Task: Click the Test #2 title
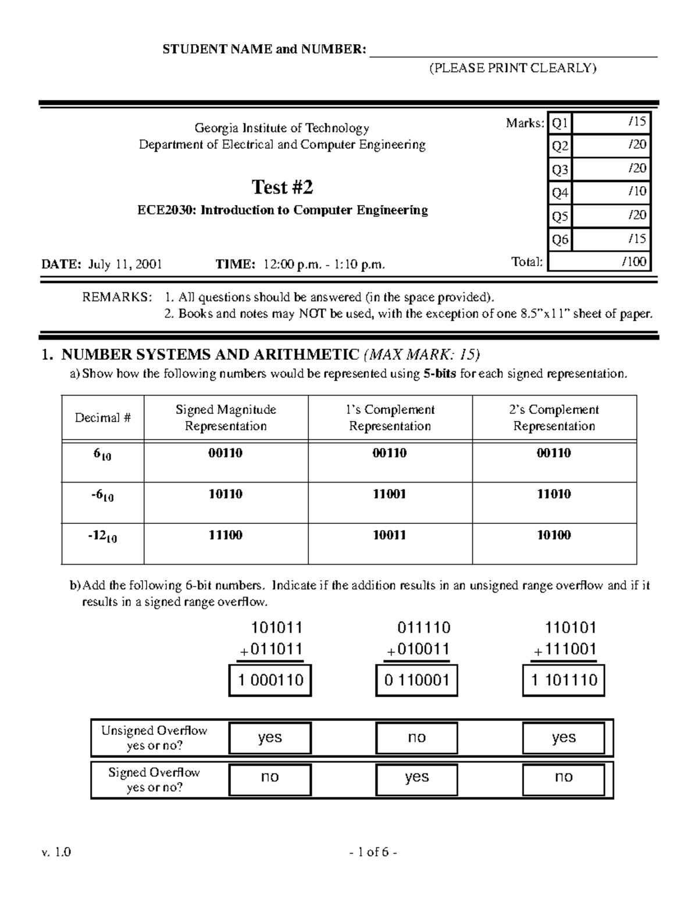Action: tap(282, 187)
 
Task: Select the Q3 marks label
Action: tap(560, 170)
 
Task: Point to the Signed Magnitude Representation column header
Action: tap(226, 417)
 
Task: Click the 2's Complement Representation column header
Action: tap(554, 417)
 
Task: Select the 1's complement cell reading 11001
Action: tap(389, 494)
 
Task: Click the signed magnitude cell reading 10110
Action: tap(225, 494)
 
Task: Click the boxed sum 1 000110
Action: tap(270, 680)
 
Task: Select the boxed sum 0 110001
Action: tap(416, 680)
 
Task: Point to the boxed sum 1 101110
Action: tap(564, 680)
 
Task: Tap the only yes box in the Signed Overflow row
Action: tap(416, 777)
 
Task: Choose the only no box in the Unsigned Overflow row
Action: tap(416, 738)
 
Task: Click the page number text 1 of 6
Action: tap(373, 852)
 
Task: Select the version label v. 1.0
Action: tap(56, 852)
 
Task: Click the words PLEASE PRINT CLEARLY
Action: tap(512, 68)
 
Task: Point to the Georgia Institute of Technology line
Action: tap(282, 128)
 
